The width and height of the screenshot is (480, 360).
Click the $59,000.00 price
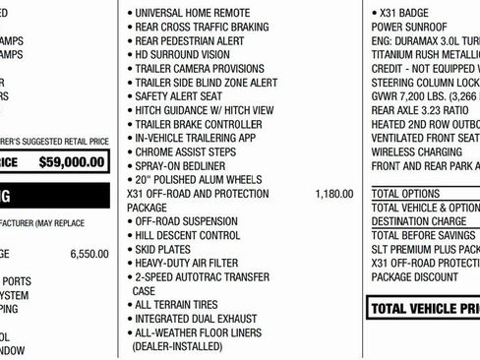click(70, 162)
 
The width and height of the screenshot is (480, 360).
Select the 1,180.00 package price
click(333, 195)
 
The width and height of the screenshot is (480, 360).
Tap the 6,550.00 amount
click(90, 254)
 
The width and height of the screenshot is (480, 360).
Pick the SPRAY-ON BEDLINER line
click(181, 167)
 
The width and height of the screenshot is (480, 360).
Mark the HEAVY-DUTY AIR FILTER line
click(191, 264)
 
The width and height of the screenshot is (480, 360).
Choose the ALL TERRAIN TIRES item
click(179, 306)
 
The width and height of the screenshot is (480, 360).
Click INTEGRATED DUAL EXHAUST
click(195, 320)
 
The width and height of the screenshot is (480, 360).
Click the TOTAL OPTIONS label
click(405, 195)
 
